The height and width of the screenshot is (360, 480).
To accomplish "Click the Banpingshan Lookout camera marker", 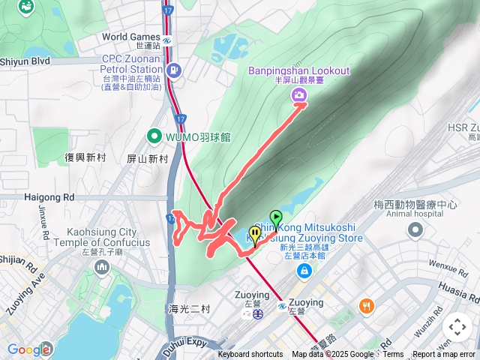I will pyautogui.click(x=299, y=94).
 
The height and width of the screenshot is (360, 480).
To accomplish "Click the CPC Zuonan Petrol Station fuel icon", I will pyautogui.click(x=175, y=71).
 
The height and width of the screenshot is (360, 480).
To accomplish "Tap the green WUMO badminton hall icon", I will pyautogui.click(x=154, y=136).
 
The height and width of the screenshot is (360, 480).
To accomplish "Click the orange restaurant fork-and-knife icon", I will pyautogui.click(x=366, y=306).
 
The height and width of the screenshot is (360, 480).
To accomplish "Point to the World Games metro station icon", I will pyautogui.click(x=167, y=37).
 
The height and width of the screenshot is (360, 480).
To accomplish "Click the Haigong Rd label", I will pyautogui.click(x=49, y=197).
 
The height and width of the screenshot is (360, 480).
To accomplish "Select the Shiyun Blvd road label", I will pyautogui.click(x=24, y=61).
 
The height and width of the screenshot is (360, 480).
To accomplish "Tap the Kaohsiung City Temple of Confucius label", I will pyautogui.click(x=109, y=237).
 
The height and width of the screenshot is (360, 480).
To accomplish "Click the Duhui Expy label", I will pyautogui.click(x=185, y=343).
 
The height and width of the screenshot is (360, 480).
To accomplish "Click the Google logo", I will pyautogui.click(x=28, y=349).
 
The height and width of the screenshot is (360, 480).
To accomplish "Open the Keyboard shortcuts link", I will pyautogui.click(x=250, y=355).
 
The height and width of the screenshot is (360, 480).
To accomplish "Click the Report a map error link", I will pyautogui.click(x=444, y=355).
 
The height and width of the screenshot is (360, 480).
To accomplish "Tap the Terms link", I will pyautogui.click(x=393, y=355).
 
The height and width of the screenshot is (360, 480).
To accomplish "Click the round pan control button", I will pyautogui.click(x=457, y=327).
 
